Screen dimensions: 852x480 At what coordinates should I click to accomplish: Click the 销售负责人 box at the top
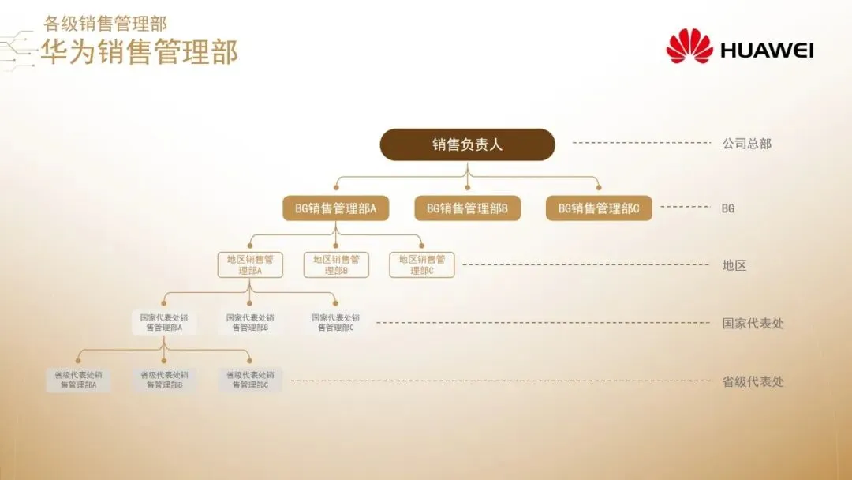(x=467, y=144)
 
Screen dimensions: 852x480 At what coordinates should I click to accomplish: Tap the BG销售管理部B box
(x=467, y=208)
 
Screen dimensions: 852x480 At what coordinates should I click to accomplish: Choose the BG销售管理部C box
(x=599, y=208)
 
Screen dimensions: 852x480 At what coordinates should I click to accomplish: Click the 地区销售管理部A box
(x=250, y=264)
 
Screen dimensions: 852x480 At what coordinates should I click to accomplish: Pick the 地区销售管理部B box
(x=336, y=264)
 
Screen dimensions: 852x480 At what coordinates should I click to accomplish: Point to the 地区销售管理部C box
(x=421, y=264)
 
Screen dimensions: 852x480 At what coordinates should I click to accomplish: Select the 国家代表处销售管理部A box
(x=164, y=322)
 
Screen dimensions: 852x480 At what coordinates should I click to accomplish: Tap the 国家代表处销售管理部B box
(x=250, y=322)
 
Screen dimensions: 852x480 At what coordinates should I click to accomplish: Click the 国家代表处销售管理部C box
(x=336, y=322)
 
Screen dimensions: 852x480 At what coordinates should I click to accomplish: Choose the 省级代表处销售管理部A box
(x=78, y=380)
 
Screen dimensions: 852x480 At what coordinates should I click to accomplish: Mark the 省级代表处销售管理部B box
(x=164, y=380)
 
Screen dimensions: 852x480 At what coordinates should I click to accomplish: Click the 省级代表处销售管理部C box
(x=250, y=380)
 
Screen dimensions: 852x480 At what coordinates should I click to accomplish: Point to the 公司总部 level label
(x=746, y=144)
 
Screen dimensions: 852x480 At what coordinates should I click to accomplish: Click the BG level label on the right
(x=728, y=208)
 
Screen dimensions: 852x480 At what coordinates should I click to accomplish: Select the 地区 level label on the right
(x=734, y=265)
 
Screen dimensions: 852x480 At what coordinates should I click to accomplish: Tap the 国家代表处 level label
(x=753, y=323)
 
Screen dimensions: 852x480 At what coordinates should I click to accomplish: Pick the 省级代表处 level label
(x=753, y=381)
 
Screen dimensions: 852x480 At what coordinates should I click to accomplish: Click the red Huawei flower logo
(x=689, y=47)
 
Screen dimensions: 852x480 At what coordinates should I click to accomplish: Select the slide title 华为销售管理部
(x=139, y=52)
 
